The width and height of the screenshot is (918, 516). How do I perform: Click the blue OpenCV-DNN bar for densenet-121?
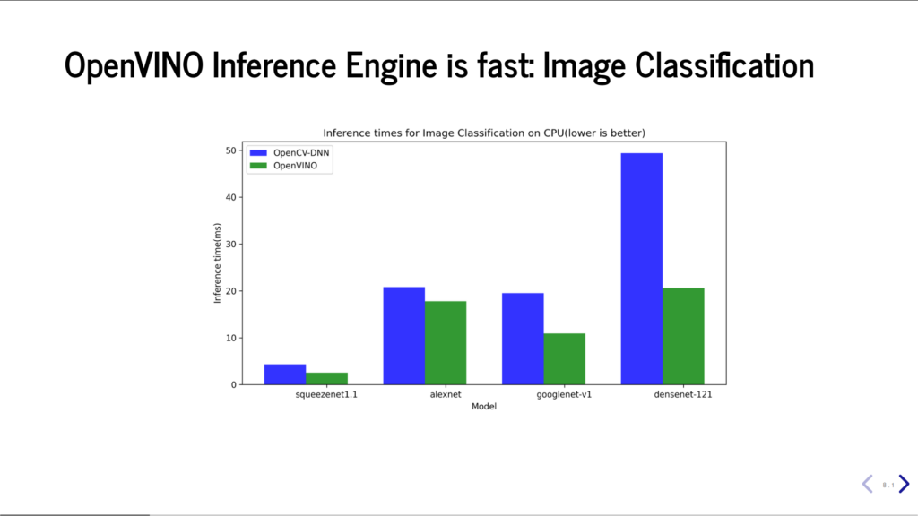coord(642,269)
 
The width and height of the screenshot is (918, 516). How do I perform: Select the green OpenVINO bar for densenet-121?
coord(683,337)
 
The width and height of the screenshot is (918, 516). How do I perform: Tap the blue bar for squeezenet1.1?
coord(285,374)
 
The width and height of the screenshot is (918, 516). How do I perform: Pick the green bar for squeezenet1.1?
coord(326,379)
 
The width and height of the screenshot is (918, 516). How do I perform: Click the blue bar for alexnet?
coord(404,336)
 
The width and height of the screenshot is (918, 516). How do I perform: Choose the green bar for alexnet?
coord(446,343)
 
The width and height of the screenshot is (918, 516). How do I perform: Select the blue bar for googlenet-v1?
coord(523,339)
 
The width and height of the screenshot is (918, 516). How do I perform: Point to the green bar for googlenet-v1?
coord(565,358)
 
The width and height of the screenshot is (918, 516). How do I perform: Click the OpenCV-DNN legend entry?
coord(290,152)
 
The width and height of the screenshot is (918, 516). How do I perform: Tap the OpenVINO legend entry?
coord(284,166)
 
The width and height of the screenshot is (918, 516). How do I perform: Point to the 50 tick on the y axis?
coord(230,150)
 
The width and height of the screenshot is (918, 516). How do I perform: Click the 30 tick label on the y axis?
coord(230,244)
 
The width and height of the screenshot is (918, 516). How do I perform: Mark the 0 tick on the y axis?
coord(234,384)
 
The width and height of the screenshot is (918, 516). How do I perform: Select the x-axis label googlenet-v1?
coord(565,394)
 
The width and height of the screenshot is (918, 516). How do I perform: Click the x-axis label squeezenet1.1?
coord(326,394)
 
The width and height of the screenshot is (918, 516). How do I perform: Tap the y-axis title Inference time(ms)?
coord(217,263)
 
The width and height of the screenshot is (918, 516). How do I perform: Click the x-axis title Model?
coord(484,406)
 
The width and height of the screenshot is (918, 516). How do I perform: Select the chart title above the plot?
coord(484,133)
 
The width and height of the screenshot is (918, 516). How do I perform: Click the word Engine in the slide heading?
coord(393,64)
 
